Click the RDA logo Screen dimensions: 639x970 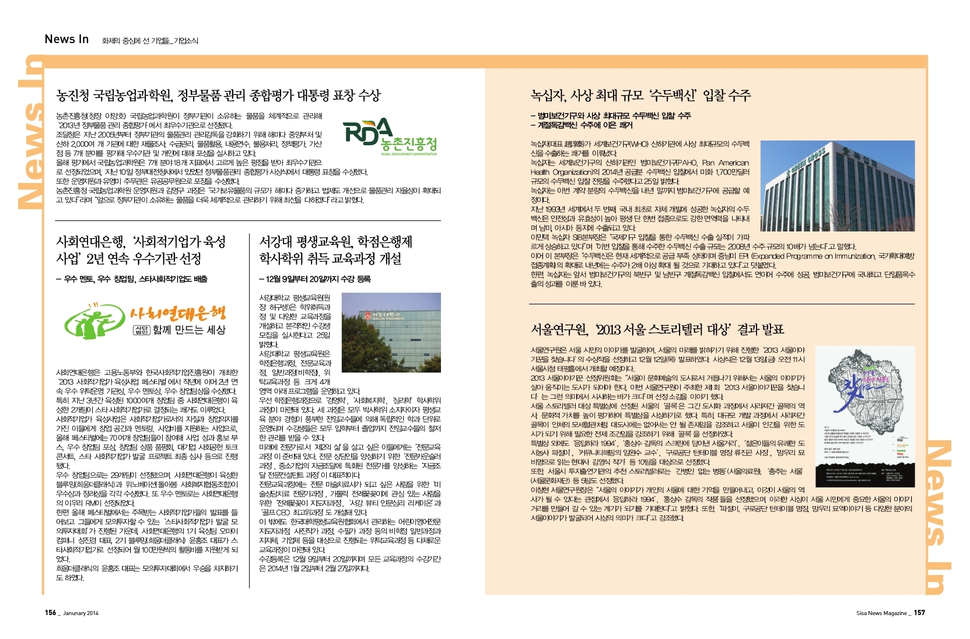tap(390, 137)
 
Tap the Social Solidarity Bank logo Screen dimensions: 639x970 tap(145, 321)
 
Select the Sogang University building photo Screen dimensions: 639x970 tap(391, 332)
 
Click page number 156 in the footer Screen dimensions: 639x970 tap(51, 613)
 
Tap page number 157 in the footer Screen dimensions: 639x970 tap(919, 613)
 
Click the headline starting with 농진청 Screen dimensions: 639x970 tap(218, 95)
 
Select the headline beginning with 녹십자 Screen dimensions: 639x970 tap(640, 95)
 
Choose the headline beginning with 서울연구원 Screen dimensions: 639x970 tap(657, 329)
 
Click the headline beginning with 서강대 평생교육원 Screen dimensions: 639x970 tap(335, 250)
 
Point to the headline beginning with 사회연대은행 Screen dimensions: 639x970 tap(141, 250)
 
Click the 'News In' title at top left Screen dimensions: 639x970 tap(66, 39)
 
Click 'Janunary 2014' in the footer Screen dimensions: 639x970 tap(81, 613)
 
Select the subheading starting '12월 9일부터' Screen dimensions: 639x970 tap(315, 279)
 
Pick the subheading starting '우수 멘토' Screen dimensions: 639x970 tap(132, 279)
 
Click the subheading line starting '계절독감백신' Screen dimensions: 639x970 tap(582, 125)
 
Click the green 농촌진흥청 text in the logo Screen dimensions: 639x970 tap(408, 144)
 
